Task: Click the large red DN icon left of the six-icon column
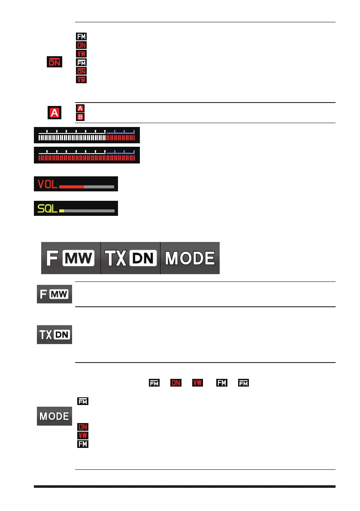(x=54, y=63)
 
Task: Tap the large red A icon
(x=54, y=113)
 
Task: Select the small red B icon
(x=80, y=116)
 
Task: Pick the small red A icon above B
(x=80, y=109)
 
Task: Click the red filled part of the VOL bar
(x=71, y=187)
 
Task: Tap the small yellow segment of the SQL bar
(x=62, y=211)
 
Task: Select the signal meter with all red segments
(x=87, y=155)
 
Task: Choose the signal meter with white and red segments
(x=87, y=135)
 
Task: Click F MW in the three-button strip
(x=71, y=258)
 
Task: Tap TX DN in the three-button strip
(x=130, y=258)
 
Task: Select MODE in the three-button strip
(x=190, y=258)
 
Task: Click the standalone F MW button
(x=54, y=294)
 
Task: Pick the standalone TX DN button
(x=54, y=335)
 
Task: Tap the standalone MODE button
(x=54, y=416)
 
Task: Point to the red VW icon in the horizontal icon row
(x=197, y=382)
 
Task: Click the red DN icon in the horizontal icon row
(x=175, y=382)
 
